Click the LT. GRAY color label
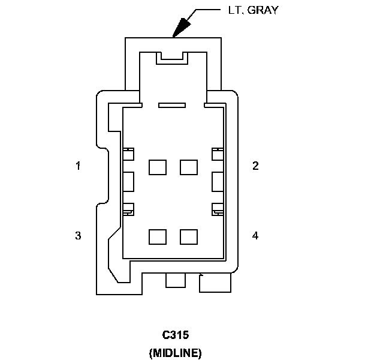coord(254,10)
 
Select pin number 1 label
coord(78,166)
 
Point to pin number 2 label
coord(255,166)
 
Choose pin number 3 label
coord(78,235)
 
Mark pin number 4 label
coord(255,235)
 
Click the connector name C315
coord(176,335)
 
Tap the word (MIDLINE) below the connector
coord(175,353)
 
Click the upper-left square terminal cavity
coord(158,167)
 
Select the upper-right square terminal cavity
coord(189,167)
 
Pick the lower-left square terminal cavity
coord(158,237)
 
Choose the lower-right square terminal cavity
coord(189,237)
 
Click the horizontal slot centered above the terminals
coord(172,105)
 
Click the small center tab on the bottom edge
coord(176,280)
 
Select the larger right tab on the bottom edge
coord(215,283)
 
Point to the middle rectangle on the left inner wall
coord(128,182)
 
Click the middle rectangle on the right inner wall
coord(218,182)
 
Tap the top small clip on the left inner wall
coord(128,154)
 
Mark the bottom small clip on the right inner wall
coord(218,209)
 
